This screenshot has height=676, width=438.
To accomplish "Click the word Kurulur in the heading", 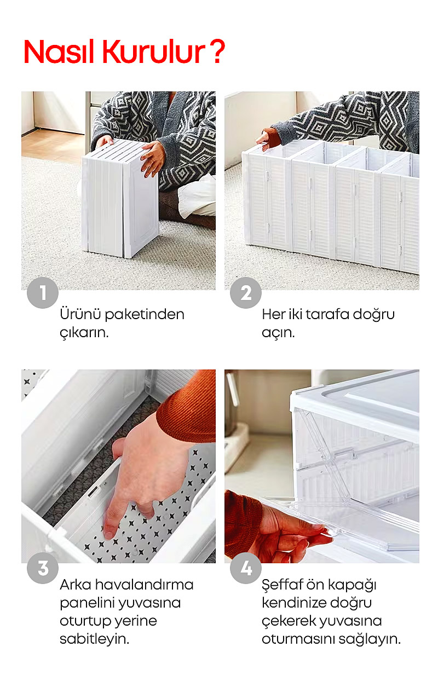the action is pyautogui.click(x=154, y=51).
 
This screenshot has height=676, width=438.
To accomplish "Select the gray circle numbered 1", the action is pyautogui.click(x=43, y=292).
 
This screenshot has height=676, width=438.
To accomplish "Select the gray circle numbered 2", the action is pyautogui.click(x=246, y=292).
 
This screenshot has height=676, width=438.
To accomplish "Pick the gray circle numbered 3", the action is pyautogui.click(x=43, y=568).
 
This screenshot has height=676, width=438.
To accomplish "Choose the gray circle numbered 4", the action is pyautogui.click(x=246, y=568).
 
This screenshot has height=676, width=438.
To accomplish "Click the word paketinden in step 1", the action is pyautogui.click(x=145, y=315).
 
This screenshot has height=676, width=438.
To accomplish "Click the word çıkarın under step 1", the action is pyautogui.click(x=84, y=333).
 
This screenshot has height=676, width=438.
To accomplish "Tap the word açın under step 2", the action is pyautogui.click(x=278, y=333).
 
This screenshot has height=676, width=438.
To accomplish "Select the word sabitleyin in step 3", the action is pyautogui.click(x=95, y=639).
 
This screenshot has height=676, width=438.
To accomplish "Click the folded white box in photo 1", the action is pyautogui.click(x=120, y=199).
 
